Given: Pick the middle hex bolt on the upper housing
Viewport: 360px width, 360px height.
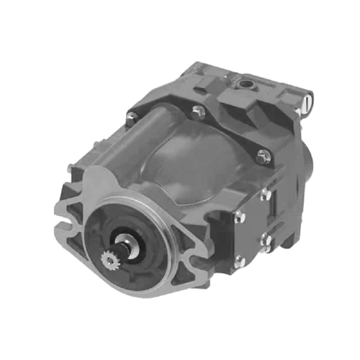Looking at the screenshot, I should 197,111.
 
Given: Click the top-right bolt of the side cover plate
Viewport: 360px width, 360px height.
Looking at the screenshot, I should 266,194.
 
